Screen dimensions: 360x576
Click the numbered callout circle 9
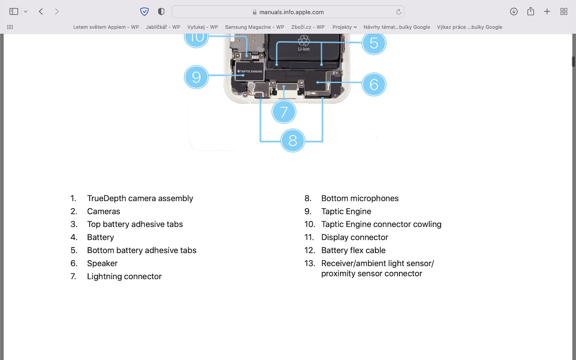pos(196,77)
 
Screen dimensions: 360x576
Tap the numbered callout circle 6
pos(373,84)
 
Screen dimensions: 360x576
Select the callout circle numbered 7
pos(284,112)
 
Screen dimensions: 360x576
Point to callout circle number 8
pos(292,141)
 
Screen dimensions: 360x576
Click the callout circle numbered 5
pos(373,43)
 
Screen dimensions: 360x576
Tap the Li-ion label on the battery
pos(304,49)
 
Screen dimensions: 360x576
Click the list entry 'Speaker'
pos(102,263)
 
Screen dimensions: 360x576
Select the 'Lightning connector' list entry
pos(124,276)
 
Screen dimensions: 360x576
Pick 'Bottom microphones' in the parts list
pos(360,198)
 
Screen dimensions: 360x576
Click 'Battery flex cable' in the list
pos(353,250)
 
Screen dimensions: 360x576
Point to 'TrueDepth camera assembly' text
pos(140,198)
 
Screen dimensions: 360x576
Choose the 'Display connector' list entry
pos(354,237)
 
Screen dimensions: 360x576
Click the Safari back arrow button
pos(41,12)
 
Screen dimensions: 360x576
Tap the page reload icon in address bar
pos(398,12)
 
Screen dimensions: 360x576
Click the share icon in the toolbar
pos(530,12)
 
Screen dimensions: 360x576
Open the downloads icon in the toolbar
pos(514,12)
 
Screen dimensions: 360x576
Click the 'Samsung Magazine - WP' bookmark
pos(254,27)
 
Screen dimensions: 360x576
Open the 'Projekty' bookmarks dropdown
pos(344,27)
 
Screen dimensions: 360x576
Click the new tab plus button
pos(547,12)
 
